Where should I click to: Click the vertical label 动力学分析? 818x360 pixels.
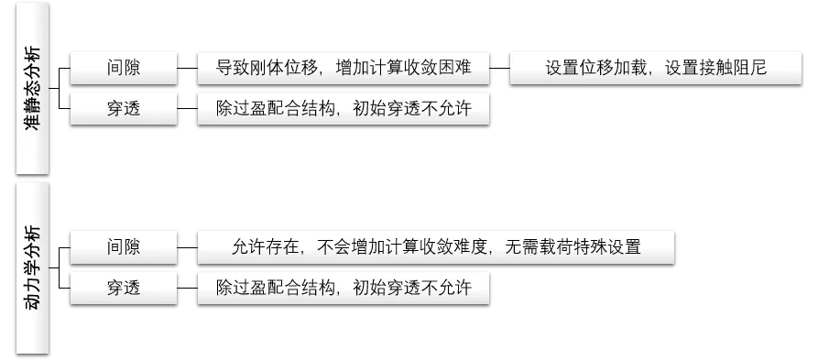33,267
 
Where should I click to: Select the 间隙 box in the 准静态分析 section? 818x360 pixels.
125,68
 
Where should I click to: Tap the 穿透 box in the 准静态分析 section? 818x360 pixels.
125,109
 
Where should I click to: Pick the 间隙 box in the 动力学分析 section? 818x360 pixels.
125,246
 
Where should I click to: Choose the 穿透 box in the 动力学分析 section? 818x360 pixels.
125,288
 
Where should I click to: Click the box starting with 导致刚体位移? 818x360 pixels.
344,68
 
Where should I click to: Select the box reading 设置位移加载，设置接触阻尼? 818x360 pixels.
655,68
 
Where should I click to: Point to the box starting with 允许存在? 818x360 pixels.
436,246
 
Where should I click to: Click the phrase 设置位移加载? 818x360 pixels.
587,68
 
